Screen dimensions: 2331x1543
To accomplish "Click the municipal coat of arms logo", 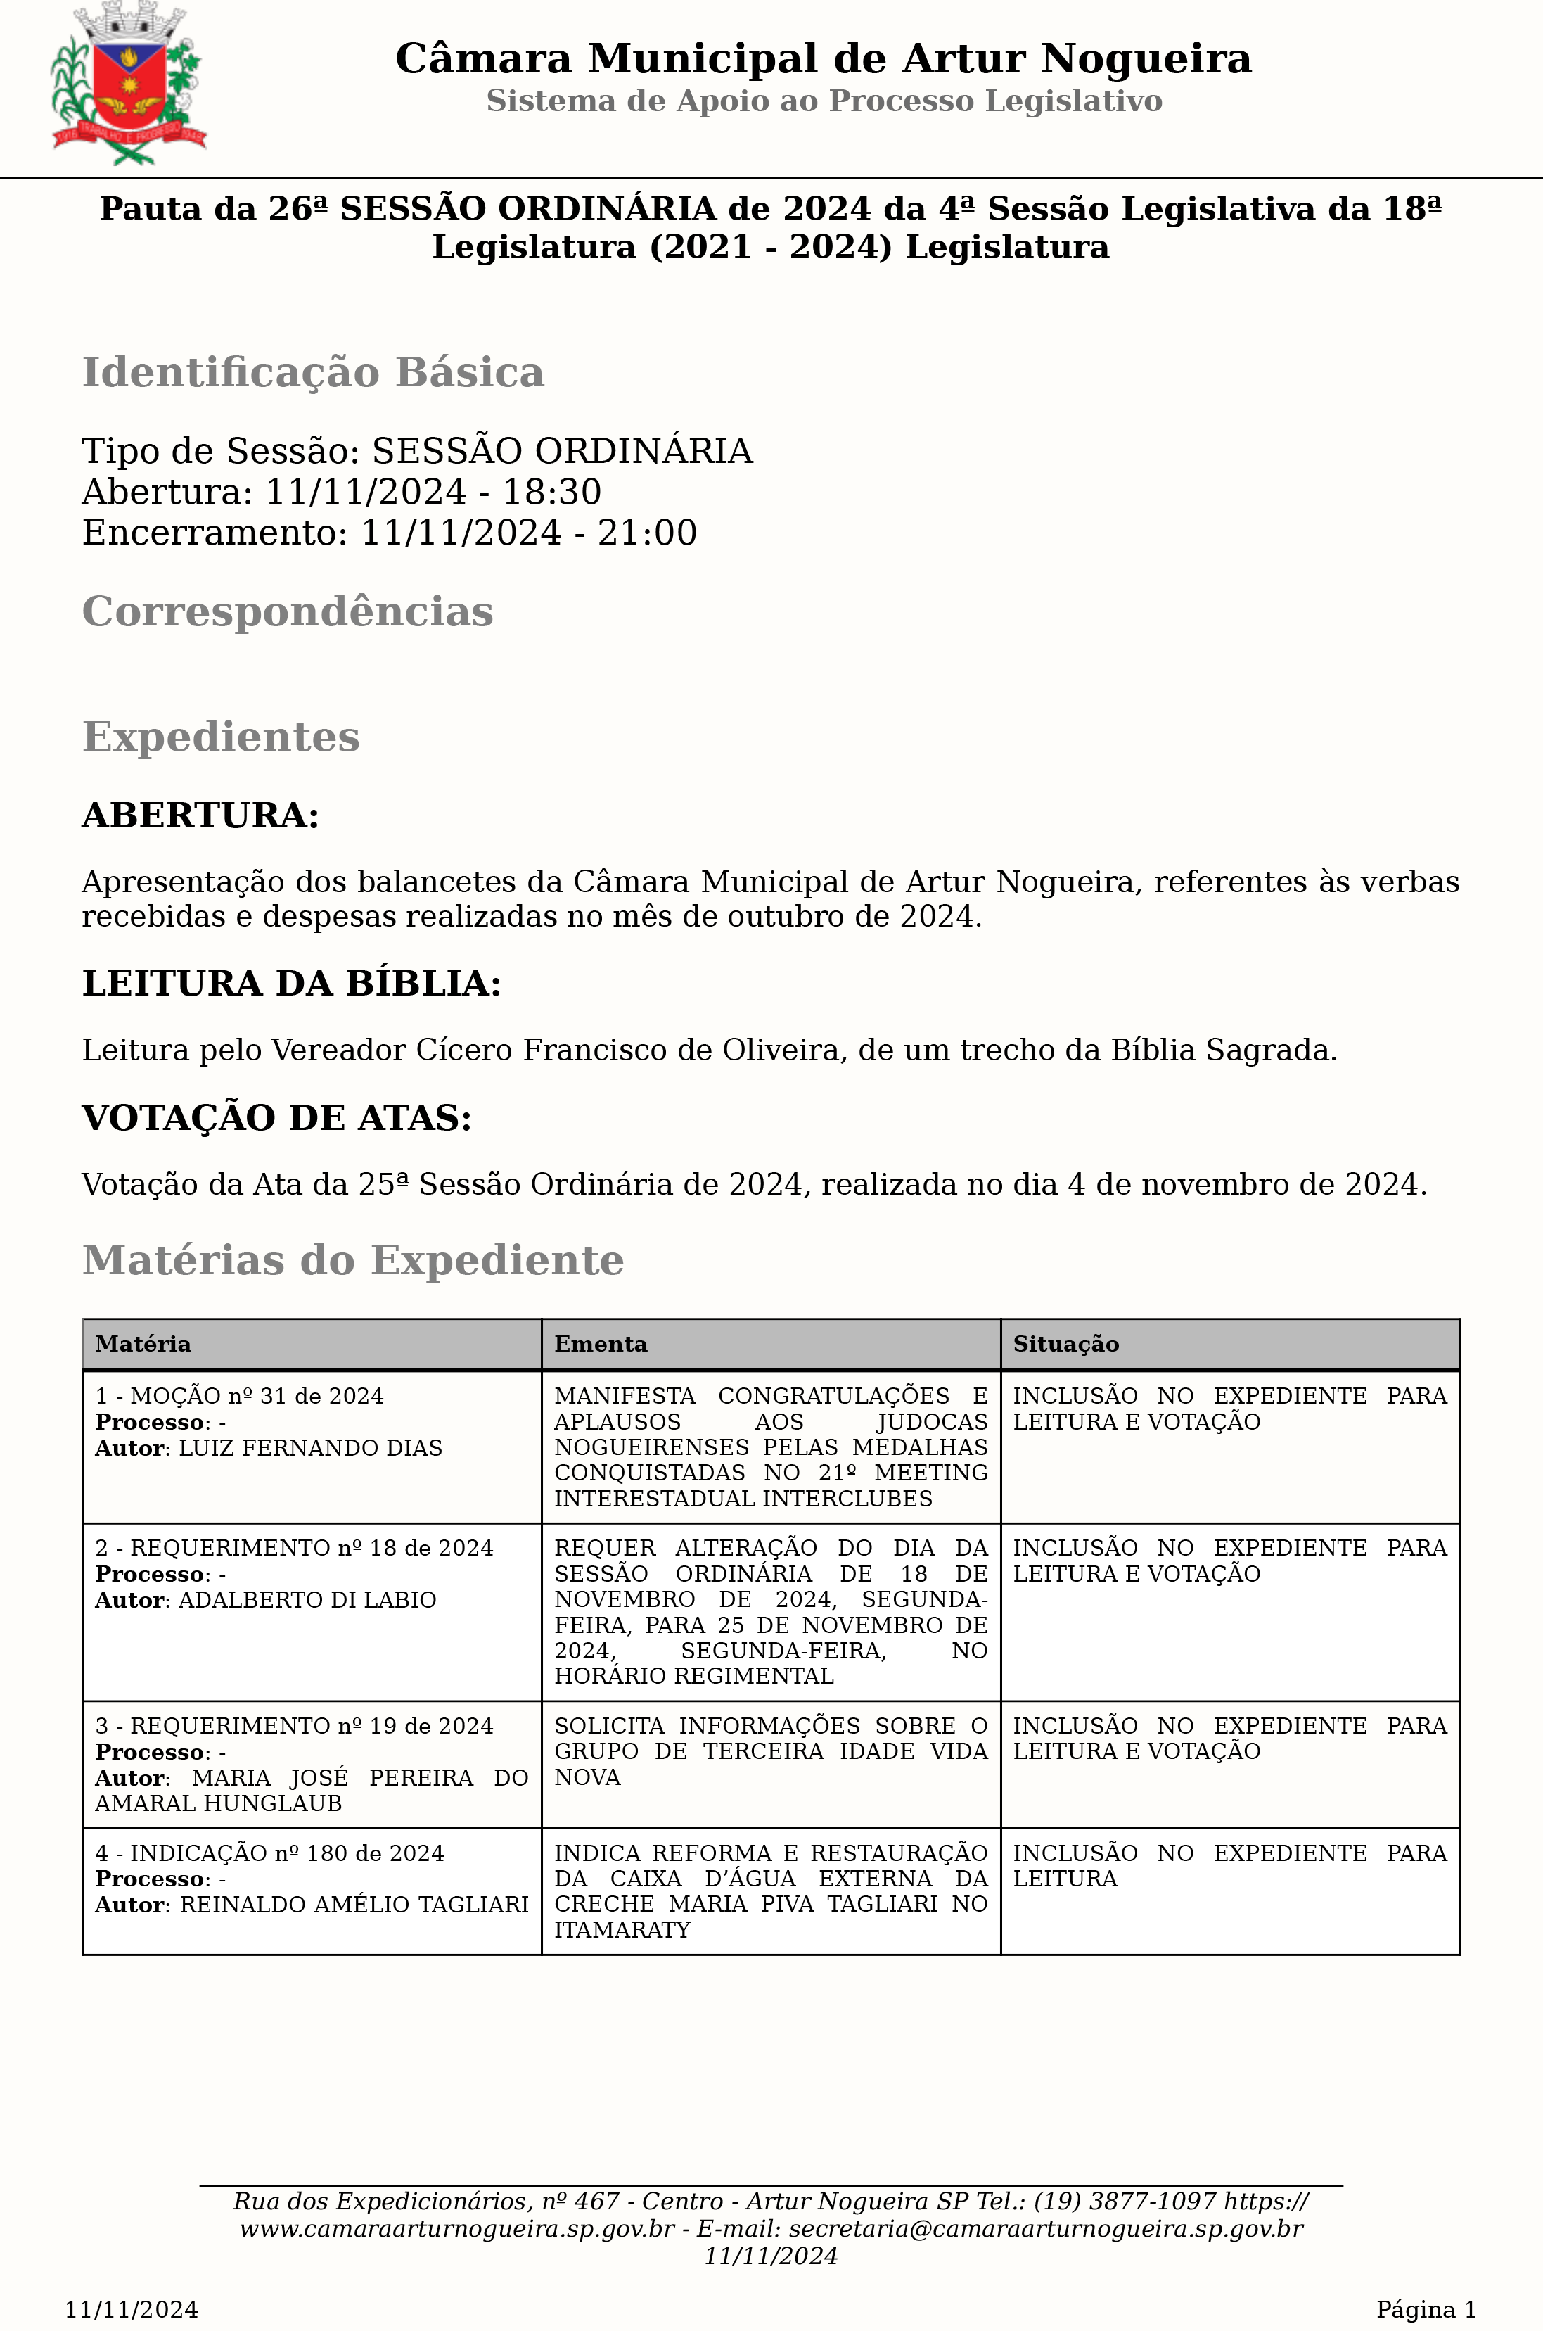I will (x=128, y=84).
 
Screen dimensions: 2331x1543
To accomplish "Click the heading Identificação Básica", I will (x=313, y=373).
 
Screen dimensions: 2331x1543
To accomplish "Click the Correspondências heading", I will (x=288, y=611).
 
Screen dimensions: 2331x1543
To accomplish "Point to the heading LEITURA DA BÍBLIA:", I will (x=291, y=984).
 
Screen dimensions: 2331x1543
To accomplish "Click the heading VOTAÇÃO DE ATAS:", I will (x=276, y=1117).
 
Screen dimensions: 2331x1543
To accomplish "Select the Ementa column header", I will (x=601, y=1344).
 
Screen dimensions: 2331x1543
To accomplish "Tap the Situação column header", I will (x=1065, y=1344).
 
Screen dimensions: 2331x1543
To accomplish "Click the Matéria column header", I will (x=143, y=1344).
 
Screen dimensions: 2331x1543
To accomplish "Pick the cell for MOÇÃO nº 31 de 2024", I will (x=239, y=1396).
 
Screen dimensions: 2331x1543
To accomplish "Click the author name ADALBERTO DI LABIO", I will (x=307, y=1599).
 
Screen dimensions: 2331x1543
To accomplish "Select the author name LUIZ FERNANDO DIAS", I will (x=310, y=1448).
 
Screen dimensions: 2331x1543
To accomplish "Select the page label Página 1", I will (x=1425, y=2309).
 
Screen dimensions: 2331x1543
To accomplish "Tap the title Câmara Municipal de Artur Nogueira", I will (x=823, y=59).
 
